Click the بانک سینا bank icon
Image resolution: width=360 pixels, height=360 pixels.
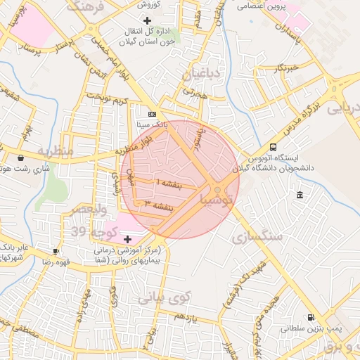click(x=151, y=112)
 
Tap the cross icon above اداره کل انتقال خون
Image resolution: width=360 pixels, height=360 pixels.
click(x=146, y=20)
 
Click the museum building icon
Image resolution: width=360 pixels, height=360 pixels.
click(x=300, y=195)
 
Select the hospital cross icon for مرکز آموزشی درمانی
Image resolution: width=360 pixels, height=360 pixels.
click(x=127, y=240)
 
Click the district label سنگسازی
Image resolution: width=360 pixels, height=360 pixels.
click(x=257, y=237)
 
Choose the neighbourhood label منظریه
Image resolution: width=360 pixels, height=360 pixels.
click(x=56, y=150)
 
